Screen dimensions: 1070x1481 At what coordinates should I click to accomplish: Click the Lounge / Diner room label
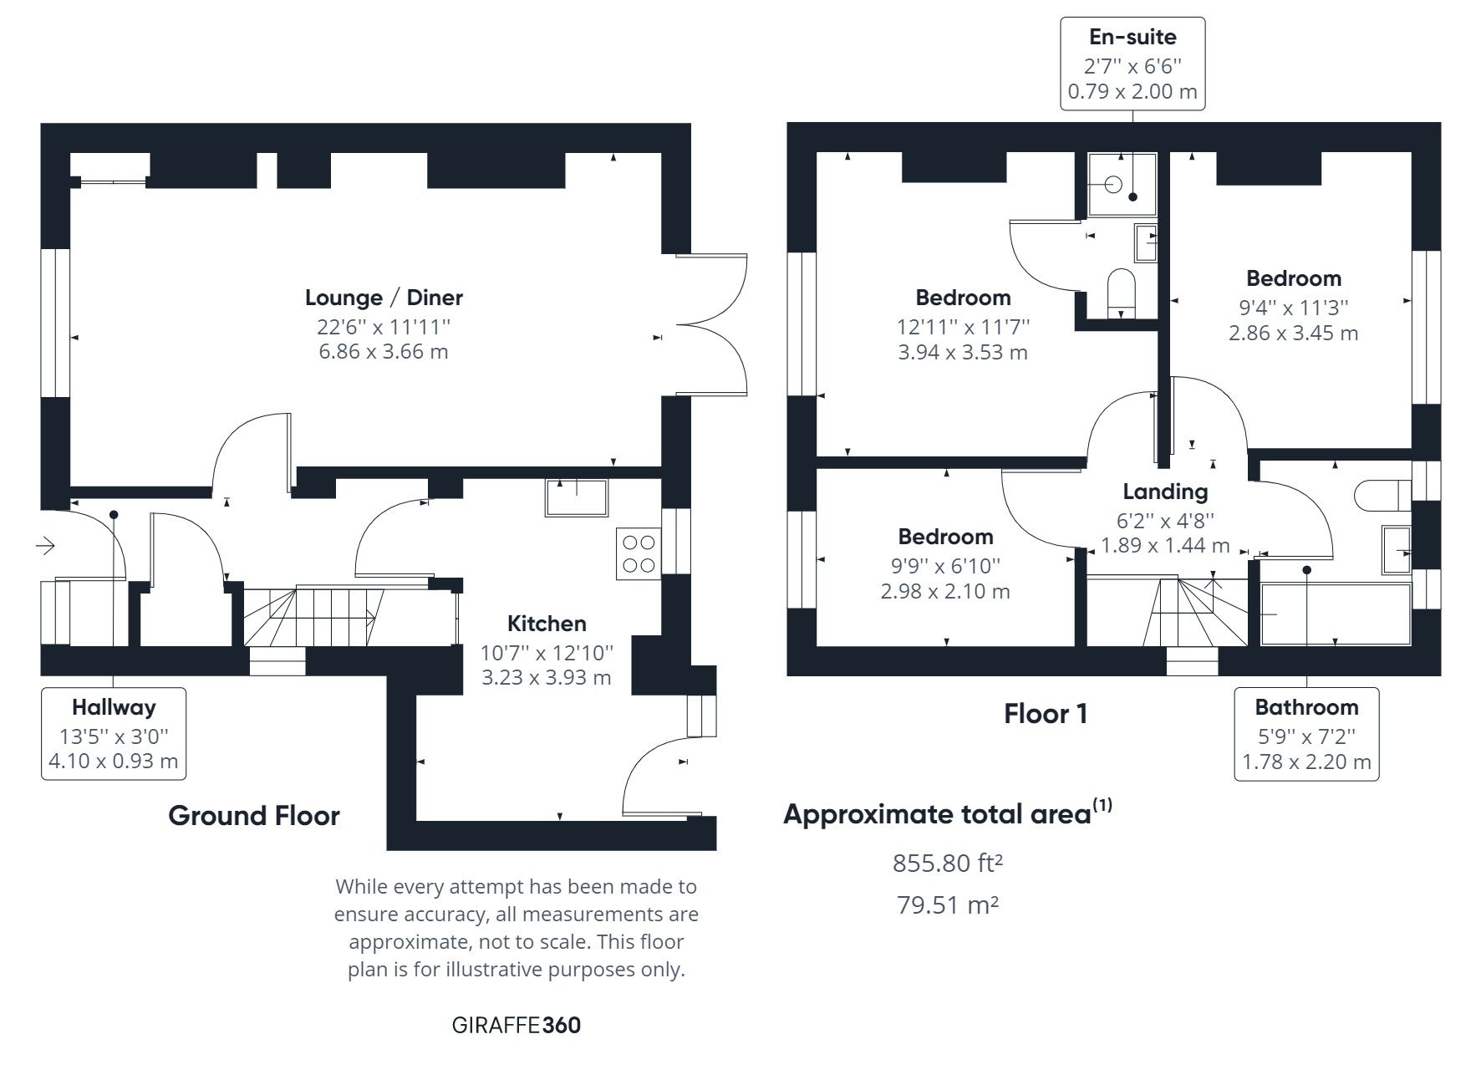(x=384, y=298)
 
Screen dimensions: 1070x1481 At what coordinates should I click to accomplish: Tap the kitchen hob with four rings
(x=639, y=553)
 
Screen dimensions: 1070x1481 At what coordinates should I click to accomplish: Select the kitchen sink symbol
(x=577, y=497)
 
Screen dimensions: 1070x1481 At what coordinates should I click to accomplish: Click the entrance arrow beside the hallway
(x=45, y=547)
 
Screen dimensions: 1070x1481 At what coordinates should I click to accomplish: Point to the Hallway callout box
(x=114, y=734)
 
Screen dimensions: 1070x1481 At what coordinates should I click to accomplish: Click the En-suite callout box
(x=1132, y=64)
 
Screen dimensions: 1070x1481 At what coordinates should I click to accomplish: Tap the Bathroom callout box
(x=1305, y=734)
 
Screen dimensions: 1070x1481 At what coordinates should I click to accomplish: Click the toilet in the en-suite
(x=1122, y=293)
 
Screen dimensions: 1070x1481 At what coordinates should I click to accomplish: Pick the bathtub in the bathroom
(x=1334, y=614)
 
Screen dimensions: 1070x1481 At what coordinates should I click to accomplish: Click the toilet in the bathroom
(x=1382, y=495)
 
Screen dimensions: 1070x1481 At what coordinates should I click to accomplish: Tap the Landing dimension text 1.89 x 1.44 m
(x=1164, y=546)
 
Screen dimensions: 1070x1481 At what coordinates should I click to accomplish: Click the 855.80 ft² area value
(x=947, y=863)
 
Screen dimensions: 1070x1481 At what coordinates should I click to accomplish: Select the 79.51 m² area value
(x=947, y=904)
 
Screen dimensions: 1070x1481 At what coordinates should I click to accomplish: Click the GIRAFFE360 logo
(x=516, y=1025)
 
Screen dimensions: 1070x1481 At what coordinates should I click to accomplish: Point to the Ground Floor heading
(x=254, y=816)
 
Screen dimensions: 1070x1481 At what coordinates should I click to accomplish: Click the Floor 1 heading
(x=1045, y=714)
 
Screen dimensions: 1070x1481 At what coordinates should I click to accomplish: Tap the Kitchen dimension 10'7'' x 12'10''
(x=547, y=652)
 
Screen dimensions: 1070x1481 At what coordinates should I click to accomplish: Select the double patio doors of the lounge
(x=715, y=324)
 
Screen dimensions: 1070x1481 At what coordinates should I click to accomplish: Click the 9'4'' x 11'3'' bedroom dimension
(x=1293, y=308)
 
